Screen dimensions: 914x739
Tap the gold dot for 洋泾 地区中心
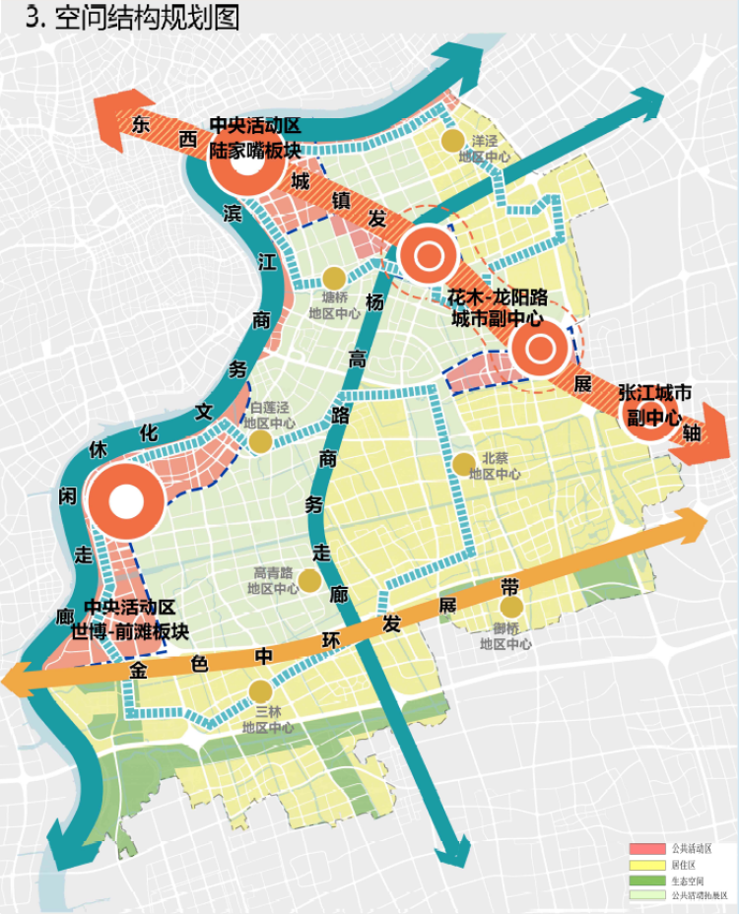click(x=452, y=141)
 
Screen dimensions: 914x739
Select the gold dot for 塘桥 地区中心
click(x=334, y=279)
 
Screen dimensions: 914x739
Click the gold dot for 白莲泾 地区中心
click(x=260, y=441)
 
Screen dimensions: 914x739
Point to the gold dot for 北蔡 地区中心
click(x=464, y=464)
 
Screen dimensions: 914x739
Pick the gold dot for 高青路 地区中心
click(x=309, y=581)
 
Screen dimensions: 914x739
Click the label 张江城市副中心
click(x=655, y=404)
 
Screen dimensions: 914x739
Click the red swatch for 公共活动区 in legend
click(x=647, y=849)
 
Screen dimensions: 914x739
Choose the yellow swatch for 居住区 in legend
click(x=647, y=865)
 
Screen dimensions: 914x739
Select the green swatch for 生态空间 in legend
click(x=647, y=881)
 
